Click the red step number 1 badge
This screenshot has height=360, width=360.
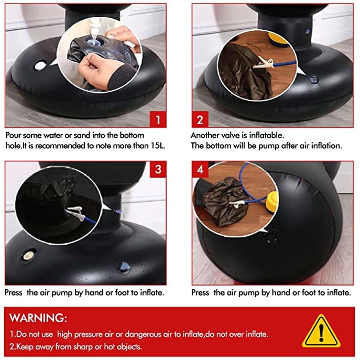click(158, 119)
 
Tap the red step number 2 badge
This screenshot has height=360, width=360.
click(200, 119)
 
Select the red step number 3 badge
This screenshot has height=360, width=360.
click(158, 169)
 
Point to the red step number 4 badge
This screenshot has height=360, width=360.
click(200, 169)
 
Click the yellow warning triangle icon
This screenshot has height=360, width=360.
click(321, 331)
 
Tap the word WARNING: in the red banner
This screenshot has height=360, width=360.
click(38, 318)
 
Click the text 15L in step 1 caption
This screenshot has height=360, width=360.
click(158, 146)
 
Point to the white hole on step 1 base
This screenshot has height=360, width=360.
click(40, 66)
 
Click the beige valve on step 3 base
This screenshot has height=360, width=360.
click(28, 255)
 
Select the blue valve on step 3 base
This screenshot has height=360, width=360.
click(124, 267)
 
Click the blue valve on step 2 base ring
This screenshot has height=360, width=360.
click(313, 80)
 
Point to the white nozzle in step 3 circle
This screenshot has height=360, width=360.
click(75, 212)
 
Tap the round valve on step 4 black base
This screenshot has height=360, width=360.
click(272, 236)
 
